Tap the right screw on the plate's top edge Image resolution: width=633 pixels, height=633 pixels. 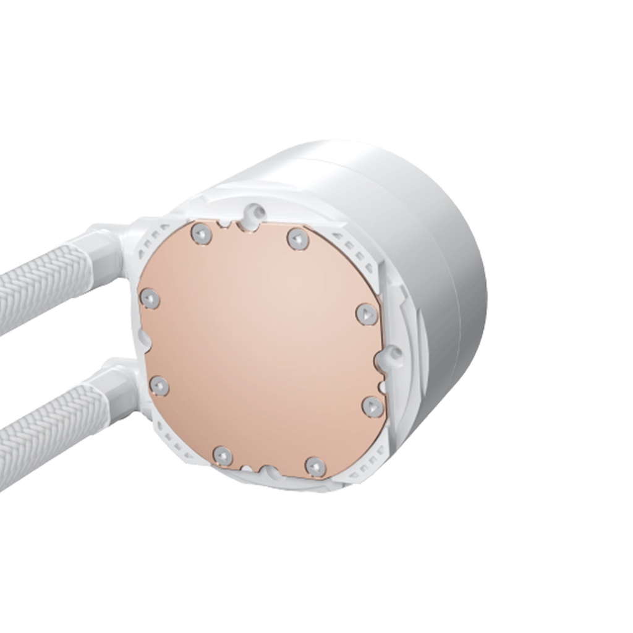295,238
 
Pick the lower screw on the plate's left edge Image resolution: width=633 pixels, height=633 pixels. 159,386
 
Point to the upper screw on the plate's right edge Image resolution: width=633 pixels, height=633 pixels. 367,314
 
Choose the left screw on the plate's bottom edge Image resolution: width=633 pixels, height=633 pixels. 223,456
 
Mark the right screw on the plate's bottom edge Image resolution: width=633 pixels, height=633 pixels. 315,465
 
